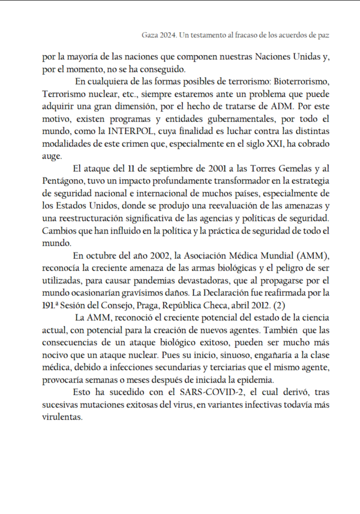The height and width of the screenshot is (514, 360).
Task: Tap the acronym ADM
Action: pos(282,106)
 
